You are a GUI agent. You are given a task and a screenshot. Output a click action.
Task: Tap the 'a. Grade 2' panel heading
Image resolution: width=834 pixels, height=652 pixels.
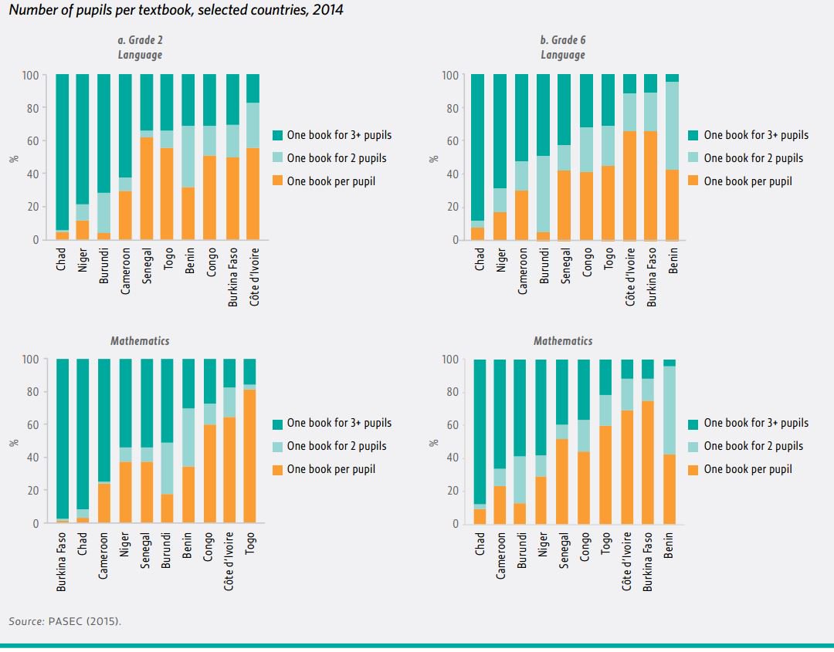pos(140,40)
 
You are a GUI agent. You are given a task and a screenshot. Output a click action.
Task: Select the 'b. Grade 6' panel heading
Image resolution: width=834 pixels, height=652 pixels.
pos(562,40)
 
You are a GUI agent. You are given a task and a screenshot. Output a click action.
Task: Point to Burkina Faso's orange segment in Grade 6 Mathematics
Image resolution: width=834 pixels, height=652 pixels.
pos(648,462)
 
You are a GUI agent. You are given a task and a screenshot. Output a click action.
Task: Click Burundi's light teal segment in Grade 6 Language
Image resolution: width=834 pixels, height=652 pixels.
pos(542,194)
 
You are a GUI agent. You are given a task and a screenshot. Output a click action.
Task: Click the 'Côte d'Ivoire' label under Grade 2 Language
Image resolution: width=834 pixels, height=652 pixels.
pos(253,277)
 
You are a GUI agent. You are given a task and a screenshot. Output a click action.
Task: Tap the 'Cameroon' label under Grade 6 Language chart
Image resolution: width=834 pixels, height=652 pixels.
pos(522,273)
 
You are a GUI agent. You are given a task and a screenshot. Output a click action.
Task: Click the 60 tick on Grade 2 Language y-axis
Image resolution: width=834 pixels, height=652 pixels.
pos(30,141)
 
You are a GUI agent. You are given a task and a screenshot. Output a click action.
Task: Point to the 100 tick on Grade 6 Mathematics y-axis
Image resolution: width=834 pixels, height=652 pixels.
pos(449,360)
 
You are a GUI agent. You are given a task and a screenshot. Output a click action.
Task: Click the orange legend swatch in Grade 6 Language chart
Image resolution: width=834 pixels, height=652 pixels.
pos(692,181)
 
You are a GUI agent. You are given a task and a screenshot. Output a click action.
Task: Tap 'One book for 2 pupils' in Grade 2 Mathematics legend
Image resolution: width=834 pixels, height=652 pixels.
pos(336,446)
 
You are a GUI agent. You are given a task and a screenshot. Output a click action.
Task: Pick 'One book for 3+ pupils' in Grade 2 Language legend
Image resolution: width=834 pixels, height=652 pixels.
pos(338,135)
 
